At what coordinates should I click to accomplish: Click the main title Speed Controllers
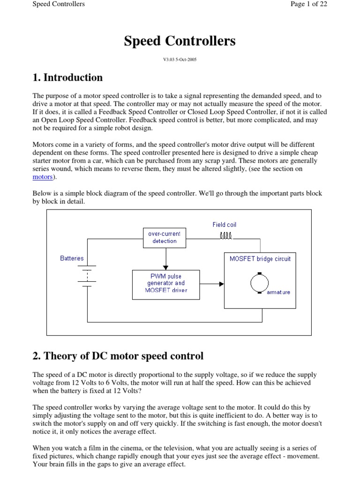click(x=180, y=41)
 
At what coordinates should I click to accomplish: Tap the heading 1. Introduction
click(x=67, y=77)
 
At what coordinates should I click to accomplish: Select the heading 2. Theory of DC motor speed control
click(x=118, y=356)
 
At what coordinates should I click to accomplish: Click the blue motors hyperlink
click(x=43, y=177)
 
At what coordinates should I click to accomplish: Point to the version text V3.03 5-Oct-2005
click(x=180, y=60)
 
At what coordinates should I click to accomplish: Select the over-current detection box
click(x=165, y=237)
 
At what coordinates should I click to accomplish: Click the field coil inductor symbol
click(x=226, y=235)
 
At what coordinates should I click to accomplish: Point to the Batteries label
click(x=72, y=258)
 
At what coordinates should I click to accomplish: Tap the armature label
click(x=278, y=292)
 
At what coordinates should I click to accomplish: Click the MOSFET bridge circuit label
click(x=260, y=259)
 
